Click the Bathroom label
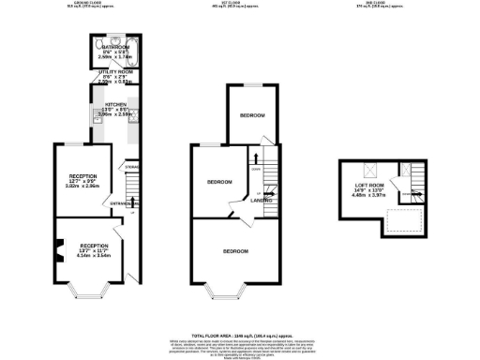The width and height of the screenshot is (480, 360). click(117, 46)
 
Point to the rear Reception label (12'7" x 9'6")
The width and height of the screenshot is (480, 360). click(82, 175)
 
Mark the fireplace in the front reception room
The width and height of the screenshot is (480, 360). click(58, 248)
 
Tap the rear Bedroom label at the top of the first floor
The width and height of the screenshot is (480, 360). click(251, 115)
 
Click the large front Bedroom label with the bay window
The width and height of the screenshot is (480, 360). click(235, 252)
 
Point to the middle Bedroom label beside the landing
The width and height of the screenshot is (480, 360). click(219, 181)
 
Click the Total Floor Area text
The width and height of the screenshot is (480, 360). click(239, 334)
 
